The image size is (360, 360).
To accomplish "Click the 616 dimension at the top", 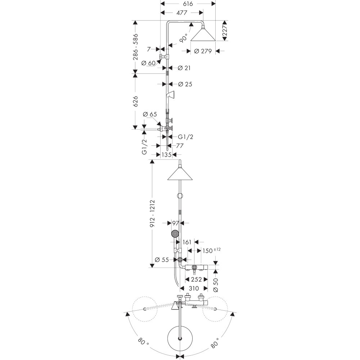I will click(x=188, y=4).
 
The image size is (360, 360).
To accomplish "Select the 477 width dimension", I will click(x=182, y=13).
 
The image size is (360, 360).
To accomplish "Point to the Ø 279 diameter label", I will click(x=203, y=51).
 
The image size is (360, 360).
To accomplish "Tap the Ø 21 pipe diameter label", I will click(x=184, y=68).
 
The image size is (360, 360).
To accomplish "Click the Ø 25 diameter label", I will click(x=185, y=84).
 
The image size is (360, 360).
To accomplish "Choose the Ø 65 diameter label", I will click(x=150, y=115).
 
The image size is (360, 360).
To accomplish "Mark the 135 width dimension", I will click(x=166, y=155).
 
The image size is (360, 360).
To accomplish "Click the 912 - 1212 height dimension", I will click(x=152, y=215).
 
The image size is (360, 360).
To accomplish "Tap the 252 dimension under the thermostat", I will click(x=196, y=279).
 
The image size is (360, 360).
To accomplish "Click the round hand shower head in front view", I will click(x=175, y=234).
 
